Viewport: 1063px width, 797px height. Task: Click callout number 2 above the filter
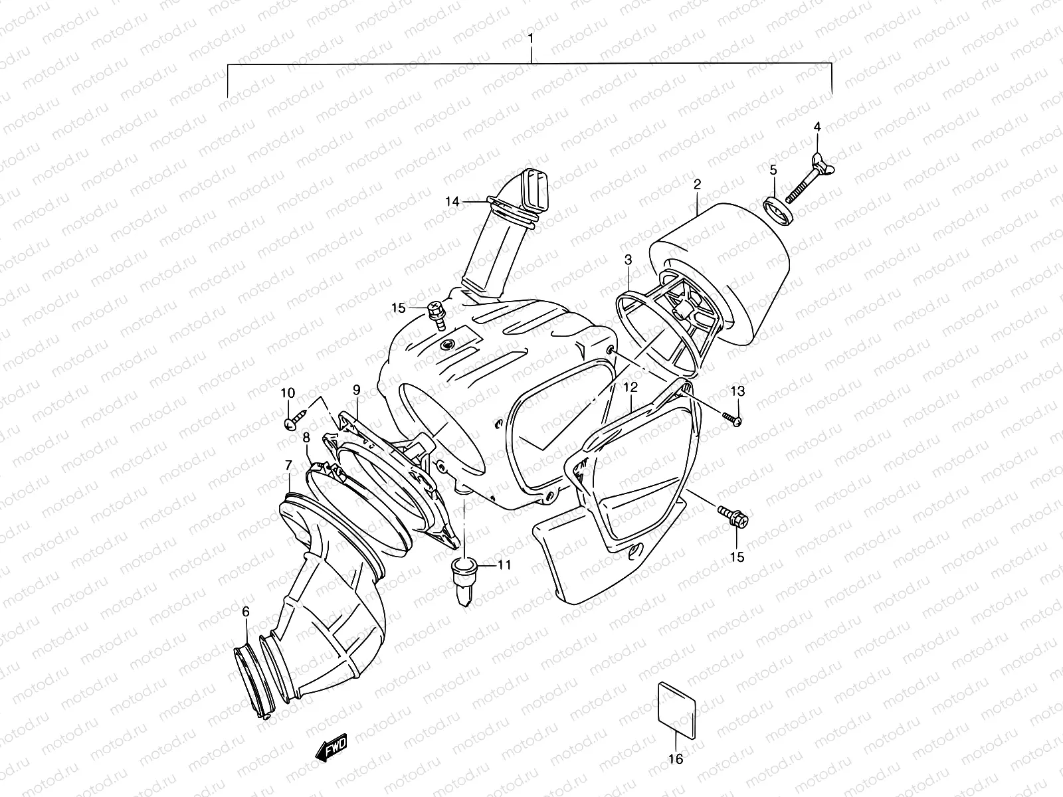click(x=697, y=184)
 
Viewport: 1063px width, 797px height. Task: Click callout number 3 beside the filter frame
click(x=628, y=259)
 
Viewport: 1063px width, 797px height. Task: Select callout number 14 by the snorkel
click(x=452, y=201)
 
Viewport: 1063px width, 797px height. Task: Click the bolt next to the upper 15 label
click(x=436, y=312)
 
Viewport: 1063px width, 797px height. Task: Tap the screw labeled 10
click(x=293, y=420)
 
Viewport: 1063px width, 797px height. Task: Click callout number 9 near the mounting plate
click(x=357, y=389)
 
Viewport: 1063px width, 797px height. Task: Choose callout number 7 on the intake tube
click(x=288, y=464)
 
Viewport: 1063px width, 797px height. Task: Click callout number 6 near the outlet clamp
click(x=246, y=612)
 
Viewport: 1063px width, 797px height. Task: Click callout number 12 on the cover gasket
click(x=630, y=387)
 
